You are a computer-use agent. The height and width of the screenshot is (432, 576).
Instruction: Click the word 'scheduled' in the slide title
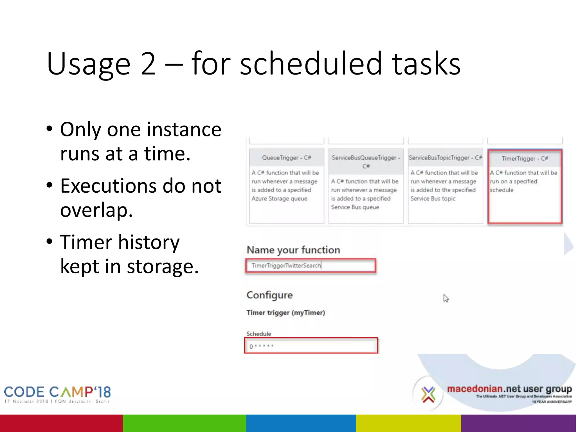311,64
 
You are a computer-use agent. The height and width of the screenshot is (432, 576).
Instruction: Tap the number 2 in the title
148,64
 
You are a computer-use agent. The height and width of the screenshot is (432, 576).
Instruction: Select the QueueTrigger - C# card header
286,158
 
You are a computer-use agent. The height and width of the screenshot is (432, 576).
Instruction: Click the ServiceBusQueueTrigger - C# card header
366,161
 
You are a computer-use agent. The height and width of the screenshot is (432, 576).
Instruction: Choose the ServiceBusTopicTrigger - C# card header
445,158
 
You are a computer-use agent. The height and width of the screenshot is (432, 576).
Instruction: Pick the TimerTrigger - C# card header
525,159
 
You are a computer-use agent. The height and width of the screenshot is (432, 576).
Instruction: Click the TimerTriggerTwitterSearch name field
310,265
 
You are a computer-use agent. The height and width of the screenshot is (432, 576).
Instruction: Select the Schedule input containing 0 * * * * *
310,346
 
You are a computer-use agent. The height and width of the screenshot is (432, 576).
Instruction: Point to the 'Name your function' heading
293,250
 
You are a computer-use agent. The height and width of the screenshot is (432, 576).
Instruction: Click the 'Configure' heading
269,295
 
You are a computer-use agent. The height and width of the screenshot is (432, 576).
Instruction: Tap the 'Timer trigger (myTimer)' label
285,312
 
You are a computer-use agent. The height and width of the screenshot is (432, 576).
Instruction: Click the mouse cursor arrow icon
446,298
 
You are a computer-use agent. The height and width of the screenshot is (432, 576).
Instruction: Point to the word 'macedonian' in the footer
475,389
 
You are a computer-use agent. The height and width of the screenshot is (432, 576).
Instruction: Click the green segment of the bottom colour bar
184,423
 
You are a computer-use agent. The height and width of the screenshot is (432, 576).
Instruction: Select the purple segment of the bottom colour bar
518,423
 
